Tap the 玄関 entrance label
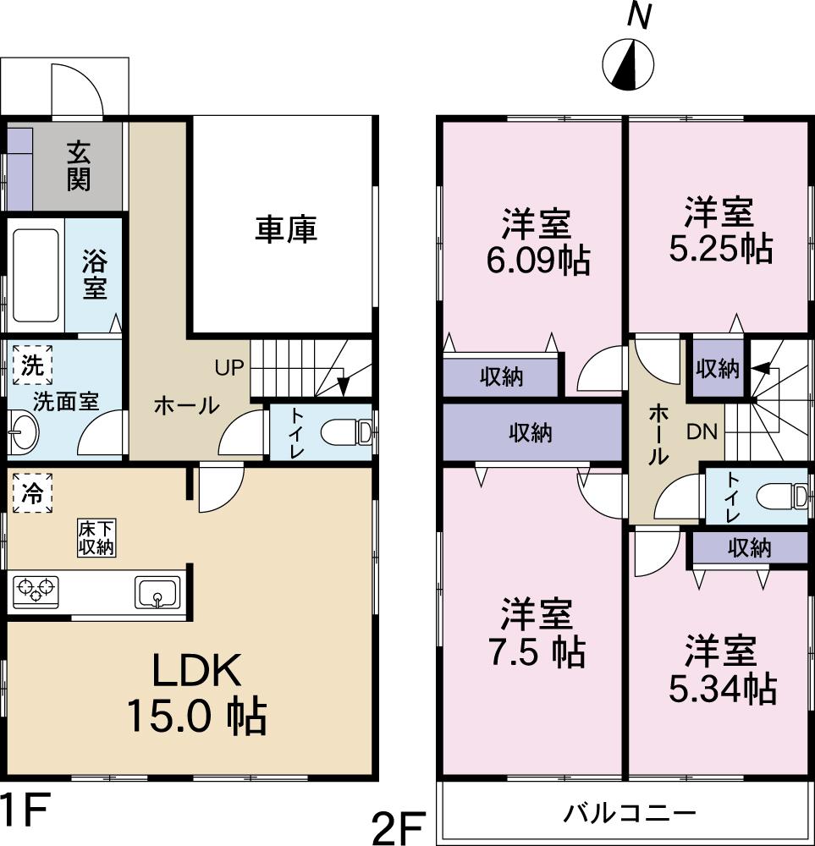tap(79, 166)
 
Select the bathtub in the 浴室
tap(36, 275)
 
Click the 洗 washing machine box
tap(32, 366)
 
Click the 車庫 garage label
tap(286, 229)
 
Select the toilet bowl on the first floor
tap(349, 433)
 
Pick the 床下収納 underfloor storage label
tap(96, 537)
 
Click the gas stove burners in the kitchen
tap(36, 590)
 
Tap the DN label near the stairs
tap(701, 432)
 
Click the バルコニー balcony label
tap(631, 814)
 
